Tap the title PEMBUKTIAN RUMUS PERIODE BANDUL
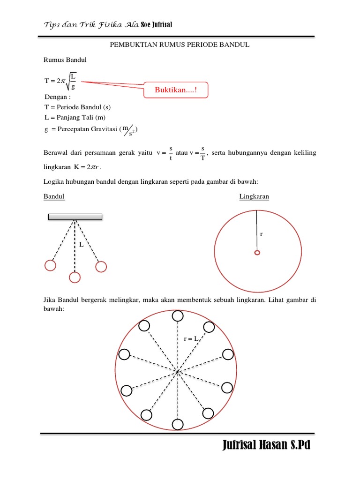[180, 45]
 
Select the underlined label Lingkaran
[254, 197]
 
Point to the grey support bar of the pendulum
[75, 217]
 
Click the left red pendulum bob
[50, 265]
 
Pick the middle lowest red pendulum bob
[75, 277]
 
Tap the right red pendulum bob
[101, 266]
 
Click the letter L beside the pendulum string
[81, 245]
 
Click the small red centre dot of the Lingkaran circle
[257, 253]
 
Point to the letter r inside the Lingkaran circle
[261, 233]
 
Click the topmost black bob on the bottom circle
[178, 316]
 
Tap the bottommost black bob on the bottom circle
[178, 424]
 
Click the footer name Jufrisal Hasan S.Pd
[266, 445]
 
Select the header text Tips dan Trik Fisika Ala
[91, 25]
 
